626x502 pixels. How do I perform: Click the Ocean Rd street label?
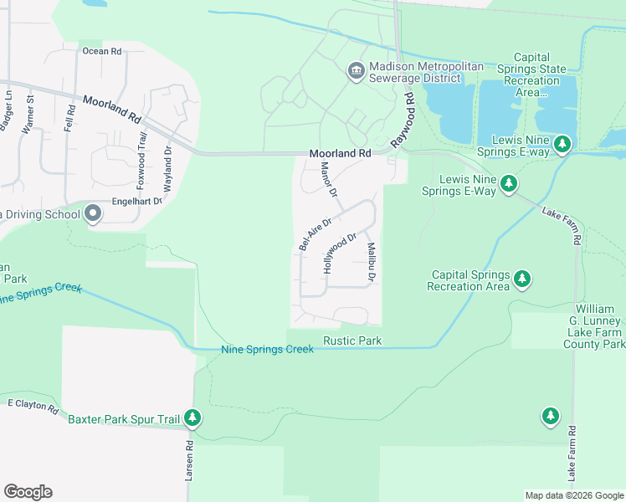pos(102,51)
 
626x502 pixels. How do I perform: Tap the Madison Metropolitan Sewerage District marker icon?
pos(356,71)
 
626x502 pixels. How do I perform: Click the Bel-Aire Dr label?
pos(316,234)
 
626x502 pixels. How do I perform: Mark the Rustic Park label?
pos(352,341)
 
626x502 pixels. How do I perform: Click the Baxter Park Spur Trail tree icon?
pos(193,417)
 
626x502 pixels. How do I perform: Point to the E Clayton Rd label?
pos(33,407)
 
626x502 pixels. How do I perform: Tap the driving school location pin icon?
pos(93,214)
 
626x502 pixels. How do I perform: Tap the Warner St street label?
pos(28,115)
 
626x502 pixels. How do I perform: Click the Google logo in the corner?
pos(28,492)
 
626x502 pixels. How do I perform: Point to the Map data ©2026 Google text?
pos(574,495)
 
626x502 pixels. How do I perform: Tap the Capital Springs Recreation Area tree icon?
pos(522,277)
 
